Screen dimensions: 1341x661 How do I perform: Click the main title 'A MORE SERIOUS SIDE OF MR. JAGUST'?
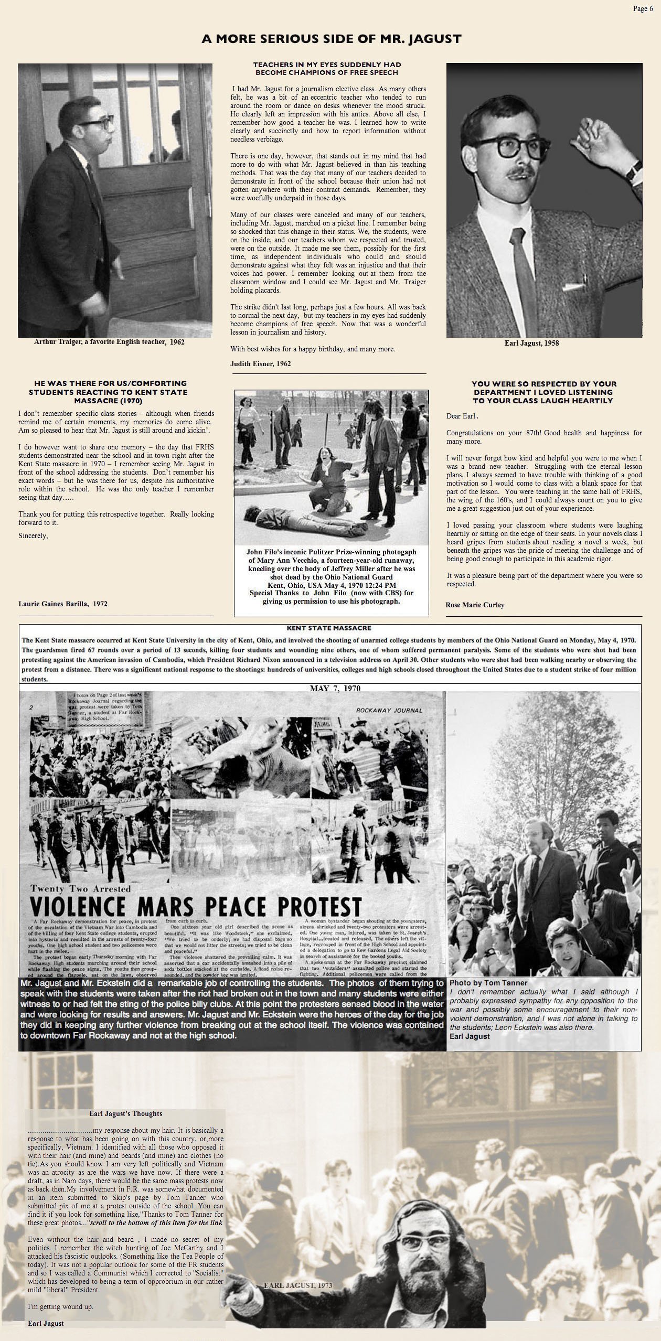[331, 39]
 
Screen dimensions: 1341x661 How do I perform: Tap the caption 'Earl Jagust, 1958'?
[531, 343]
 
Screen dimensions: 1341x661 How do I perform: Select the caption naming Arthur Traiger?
[109, 342]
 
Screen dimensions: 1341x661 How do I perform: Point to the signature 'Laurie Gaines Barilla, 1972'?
[63, 604]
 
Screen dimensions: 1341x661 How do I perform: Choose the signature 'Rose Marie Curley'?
[475, 605]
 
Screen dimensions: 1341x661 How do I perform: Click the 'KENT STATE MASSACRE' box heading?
[329, 628]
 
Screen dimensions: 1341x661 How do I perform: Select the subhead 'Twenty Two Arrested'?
[80, 888]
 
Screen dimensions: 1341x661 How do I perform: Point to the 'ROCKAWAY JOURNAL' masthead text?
[389, 711]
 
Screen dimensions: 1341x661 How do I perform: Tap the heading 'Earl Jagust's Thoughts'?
[125, 1113]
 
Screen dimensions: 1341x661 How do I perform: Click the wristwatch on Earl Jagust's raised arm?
[634, 169]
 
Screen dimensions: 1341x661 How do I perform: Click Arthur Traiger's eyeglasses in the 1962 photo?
[98, 124]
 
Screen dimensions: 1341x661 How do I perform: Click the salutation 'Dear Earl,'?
[462, 416]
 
